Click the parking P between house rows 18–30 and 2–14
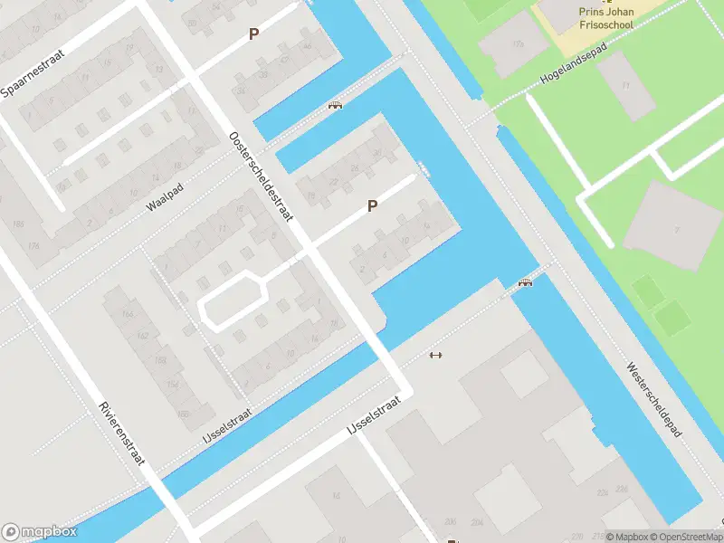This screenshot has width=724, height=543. click(x=372, y=206)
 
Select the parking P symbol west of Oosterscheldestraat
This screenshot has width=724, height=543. click(x=254, y=34)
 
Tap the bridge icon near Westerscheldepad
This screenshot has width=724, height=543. click(x=525, y=283)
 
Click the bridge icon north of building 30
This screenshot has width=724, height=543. click(x=335, y=105)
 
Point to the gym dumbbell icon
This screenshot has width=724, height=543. click(x=435, y=354)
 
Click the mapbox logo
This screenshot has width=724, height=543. click(x=40, y=532)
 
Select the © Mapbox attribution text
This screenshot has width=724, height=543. click(x=626, y=537)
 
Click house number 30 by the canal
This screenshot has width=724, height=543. click(x=378, y=153)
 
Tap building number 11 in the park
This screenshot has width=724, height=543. click(x=624, y=85)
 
